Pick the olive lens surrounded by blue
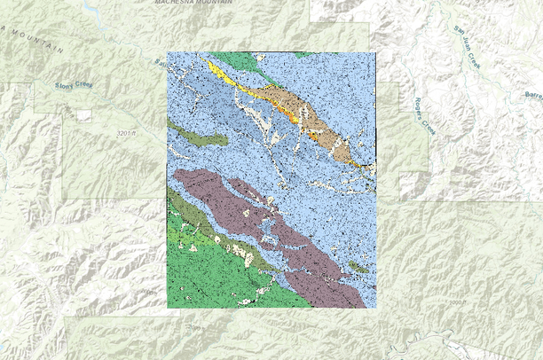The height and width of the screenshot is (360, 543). pos(200,137)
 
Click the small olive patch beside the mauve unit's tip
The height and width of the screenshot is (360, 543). pos(358,266)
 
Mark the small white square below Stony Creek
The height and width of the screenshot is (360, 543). pos(83,114)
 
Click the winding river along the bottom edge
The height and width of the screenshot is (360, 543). pos(417,341)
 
